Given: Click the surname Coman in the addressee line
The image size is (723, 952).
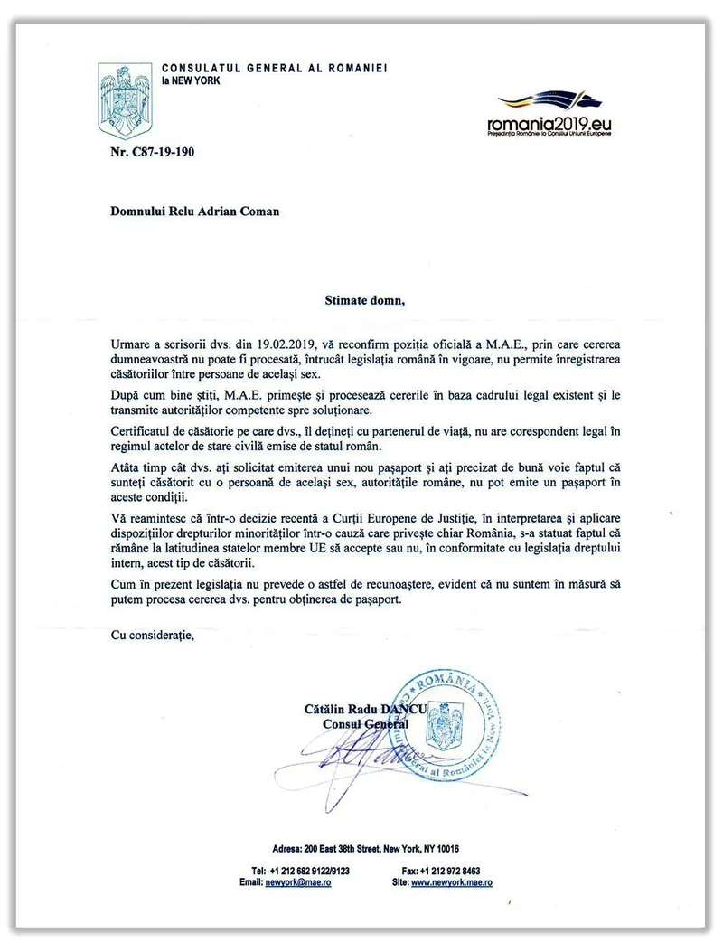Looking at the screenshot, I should (258, 212).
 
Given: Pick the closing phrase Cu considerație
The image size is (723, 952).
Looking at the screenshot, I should (152, 636).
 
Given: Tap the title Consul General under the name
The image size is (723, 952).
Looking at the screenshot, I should (365, 723).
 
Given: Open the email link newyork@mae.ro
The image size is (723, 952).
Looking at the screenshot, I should (298, 882).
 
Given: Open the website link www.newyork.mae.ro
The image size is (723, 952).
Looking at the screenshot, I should (451, 882).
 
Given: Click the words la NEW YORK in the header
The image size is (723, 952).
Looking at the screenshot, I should (190, 80).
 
